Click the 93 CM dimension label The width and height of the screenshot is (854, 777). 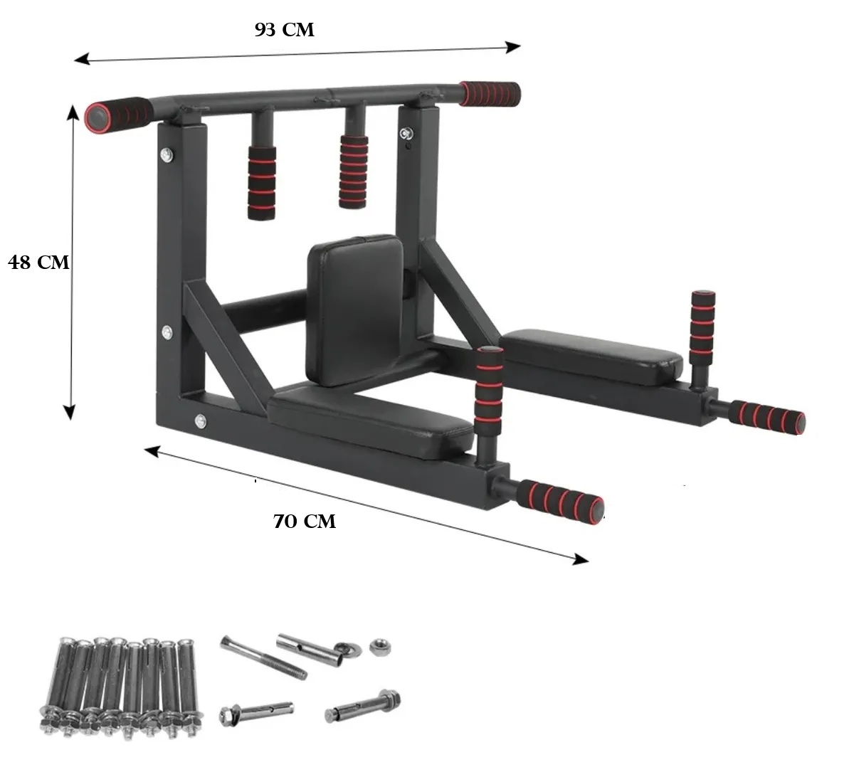click(285, 30)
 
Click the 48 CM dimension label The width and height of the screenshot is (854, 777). click(38, 263)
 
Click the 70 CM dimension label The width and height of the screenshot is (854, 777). click(305, 522)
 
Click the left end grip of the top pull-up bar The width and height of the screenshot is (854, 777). click(118, 115)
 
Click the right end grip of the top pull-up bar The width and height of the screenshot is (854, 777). click(490, 94)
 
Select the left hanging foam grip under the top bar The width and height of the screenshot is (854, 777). click(261, 183)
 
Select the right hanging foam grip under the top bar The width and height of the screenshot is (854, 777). click(354, 172)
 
